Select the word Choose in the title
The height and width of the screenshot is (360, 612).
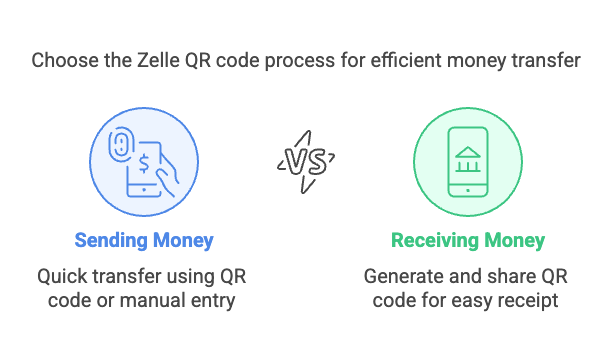click(x=62, y=60)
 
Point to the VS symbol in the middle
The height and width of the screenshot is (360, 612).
click(x=305, y=161)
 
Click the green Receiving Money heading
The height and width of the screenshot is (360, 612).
click(x=468, y=241)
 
